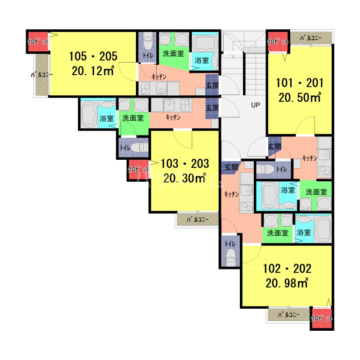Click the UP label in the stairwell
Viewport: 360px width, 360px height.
click(255, 105)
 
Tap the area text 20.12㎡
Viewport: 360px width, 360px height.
click(93, 71)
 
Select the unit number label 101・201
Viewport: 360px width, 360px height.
click(299, 83)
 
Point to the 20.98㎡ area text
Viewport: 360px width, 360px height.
click(287, 283)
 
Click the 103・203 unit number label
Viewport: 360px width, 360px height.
click(185, 164)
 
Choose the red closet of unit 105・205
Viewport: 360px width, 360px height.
click(38, 41)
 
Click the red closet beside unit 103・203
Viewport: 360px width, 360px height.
click(139, 170)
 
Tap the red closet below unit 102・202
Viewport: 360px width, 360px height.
click(322, 318)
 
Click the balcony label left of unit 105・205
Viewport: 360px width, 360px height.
click(42, 75)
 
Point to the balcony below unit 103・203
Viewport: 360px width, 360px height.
click(198, 220)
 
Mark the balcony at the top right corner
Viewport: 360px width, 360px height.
click(311, 38)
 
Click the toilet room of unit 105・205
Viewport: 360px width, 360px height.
click(148, 47)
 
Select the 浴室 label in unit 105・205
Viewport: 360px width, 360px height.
click(202, 60)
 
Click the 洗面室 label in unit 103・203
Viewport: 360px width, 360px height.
click(133, 118)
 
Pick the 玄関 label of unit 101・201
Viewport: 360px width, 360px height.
click(274, 146)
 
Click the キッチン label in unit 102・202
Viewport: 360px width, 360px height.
click(231, 194)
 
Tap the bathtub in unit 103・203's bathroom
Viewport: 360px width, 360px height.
click(89, 114)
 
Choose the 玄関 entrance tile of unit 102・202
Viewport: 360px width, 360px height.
click(231, 167)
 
